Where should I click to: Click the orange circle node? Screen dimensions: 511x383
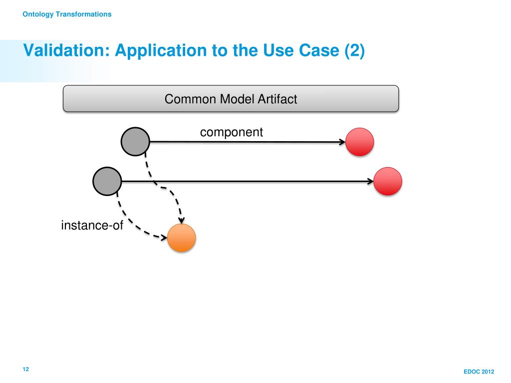tap(182, 238)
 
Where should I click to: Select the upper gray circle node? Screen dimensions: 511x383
tap(135, 142)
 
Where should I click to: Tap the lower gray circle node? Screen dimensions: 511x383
tap(107, 182)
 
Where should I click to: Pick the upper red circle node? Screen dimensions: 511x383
tap(360, 142)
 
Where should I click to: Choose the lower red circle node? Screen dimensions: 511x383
tap(388, 182)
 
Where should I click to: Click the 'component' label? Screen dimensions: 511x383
tap(231, 132)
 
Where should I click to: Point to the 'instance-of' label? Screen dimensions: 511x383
tap(92, 225)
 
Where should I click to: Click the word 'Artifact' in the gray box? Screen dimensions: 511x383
tap(277, 99)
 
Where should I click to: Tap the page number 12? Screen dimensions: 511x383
tap(25, 369)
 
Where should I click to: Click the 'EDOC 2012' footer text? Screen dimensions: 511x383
tap(479, 372)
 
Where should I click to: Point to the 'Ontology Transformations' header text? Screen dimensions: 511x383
tap(67, 14)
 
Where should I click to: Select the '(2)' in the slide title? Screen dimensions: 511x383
tap(355, 50)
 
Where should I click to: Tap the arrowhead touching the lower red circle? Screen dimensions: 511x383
tap(370, 182)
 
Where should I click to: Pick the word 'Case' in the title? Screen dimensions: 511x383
tap(315, 50)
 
